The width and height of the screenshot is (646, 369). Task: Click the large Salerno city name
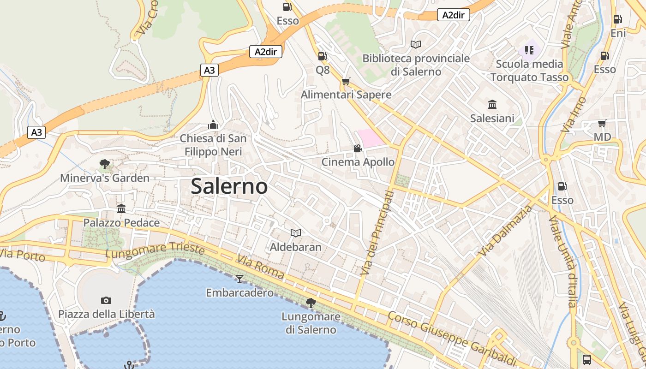click(229, 186)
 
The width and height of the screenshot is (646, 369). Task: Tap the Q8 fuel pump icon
click(322, 56)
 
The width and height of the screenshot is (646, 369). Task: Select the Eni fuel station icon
click(617, 19)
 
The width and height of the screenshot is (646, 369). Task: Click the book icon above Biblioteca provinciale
click(416, 44)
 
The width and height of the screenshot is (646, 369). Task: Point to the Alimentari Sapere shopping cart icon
click(346, 82)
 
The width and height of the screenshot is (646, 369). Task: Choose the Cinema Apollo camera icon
click(358, 148)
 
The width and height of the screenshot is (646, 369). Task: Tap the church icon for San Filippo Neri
click(213, 125)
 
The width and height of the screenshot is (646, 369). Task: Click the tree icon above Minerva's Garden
click(105, 164)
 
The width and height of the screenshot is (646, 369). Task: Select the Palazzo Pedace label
click(121, 223)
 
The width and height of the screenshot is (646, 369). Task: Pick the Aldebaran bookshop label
click(295, 247)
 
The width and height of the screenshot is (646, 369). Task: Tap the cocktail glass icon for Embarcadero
click(239, 279)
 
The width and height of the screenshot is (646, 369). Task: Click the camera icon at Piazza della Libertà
click(106, 301)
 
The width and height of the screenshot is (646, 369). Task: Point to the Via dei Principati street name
click(378, 233)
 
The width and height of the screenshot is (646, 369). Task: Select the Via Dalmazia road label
click(506, 231)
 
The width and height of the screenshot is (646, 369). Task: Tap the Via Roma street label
click(261, 267)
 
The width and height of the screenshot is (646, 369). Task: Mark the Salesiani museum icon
click(492, 105)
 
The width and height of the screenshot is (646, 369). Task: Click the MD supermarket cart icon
click(602, 123)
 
